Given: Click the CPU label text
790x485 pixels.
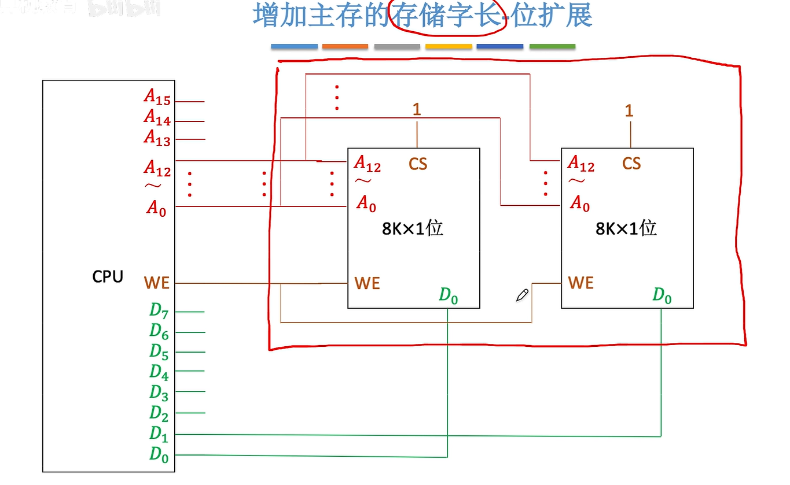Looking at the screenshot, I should tap(108, 277).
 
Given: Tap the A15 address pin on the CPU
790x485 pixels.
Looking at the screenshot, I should tap(157, 97).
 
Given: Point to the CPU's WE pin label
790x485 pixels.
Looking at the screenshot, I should tap(157, 283).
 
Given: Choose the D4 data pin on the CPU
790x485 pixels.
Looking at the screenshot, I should tap(159, 372).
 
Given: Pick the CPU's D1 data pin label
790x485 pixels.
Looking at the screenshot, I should tap(159, 434).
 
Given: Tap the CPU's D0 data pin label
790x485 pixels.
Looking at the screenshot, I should tap(159, 454).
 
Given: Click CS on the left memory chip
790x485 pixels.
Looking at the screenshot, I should tap(417, 164).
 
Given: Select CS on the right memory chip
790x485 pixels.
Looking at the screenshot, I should tap(631, 164).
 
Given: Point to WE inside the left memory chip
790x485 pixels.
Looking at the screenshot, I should tap(367, 283).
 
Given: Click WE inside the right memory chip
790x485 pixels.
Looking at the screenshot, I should tap(581, 283).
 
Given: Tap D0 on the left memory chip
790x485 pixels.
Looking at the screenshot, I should tap(449, 295).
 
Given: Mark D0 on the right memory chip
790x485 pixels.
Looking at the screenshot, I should tap(662, 295).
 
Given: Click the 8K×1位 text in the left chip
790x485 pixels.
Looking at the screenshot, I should tap(412, 228).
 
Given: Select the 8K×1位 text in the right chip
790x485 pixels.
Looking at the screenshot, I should tap(626, 228).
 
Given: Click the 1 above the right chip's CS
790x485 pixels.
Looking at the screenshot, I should tap(629, 110).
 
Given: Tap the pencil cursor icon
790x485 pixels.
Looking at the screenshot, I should tap(522, 295).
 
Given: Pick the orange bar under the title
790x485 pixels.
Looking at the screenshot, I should tap(345, 46).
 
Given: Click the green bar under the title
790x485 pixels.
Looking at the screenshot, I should tap(552, 46).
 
